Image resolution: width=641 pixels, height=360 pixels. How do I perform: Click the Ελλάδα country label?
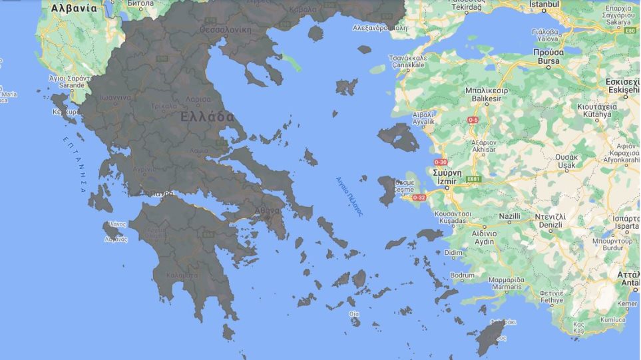point(207,117)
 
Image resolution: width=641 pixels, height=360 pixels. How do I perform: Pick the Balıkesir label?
point(486,98)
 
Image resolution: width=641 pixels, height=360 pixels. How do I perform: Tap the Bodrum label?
point(463,275)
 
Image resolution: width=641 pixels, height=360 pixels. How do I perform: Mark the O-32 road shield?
point(419,198)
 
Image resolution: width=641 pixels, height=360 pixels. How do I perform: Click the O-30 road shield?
point(441,162)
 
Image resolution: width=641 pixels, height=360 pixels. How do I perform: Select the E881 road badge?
point(473,178)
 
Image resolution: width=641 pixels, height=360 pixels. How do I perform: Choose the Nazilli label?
point(509,217)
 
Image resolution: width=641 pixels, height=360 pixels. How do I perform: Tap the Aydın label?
point(484,242)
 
